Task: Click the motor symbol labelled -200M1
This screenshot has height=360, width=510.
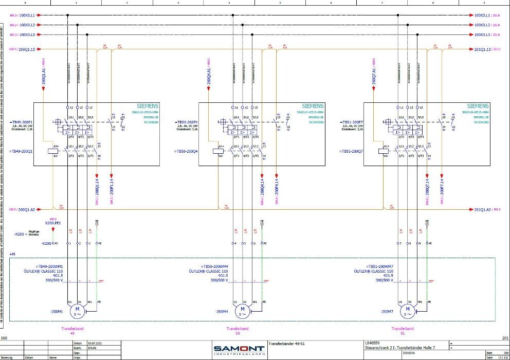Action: click(77, 312)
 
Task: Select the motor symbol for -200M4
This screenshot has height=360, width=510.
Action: click(243, 312)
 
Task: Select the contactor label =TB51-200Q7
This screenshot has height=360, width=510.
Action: click(351, 152)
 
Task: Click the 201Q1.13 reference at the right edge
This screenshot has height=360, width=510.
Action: click(482, 49)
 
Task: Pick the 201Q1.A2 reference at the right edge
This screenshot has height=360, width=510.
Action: click(482, 210)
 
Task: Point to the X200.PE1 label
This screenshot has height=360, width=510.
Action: click(53, 223)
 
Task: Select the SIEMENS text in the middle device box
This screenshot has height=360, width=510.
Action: click(313, 105)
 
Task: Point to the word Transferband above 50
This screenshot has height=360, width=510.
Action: click(238, 328)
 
